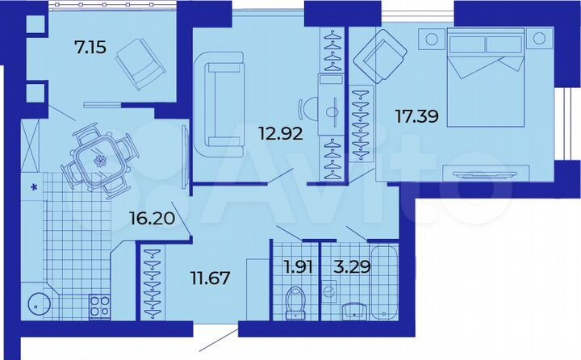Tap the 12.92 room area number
pyautogui.click(x=280, y=134)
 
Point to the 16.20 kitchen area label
pyautogui.click(x=151, y=216)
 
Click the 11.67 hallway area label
pyautogui.click(x=209, y=279)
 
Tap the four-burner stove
pyautogui.click(x=99, y=308)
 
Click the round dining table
pyautogui.click(x=100, y=159)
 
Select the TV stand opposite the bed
pyautogui.click(x=481, y=173)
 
